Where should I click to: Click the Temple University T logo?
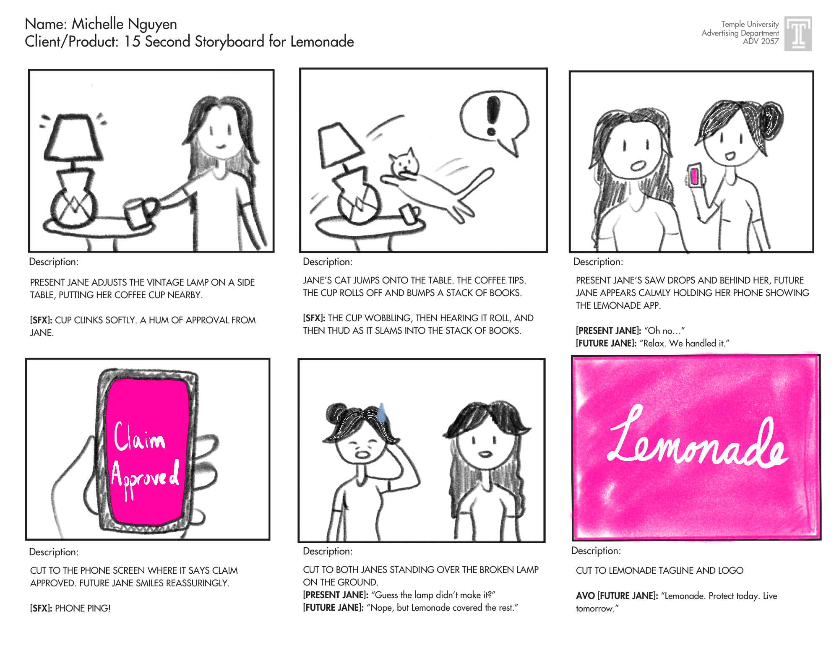[x=798, y=34]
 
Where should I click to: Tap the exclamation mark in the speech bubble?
[x=493, y=115]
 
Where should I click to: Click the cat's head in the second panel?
[x=404, y=164]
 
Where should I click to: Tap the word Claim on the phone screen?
[x=140, y=437]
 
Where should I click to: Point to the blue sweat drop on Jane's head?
[x=381, y=412]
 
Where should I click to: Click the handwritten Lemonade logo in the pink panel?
[x=697, y=439]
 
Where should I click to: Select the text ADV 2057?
[x=761, y=41]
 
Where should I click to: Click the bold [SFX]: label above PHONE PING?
[x=41, y=608]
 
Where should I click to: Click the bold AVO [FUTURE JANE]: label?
[x=617, y=596]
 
